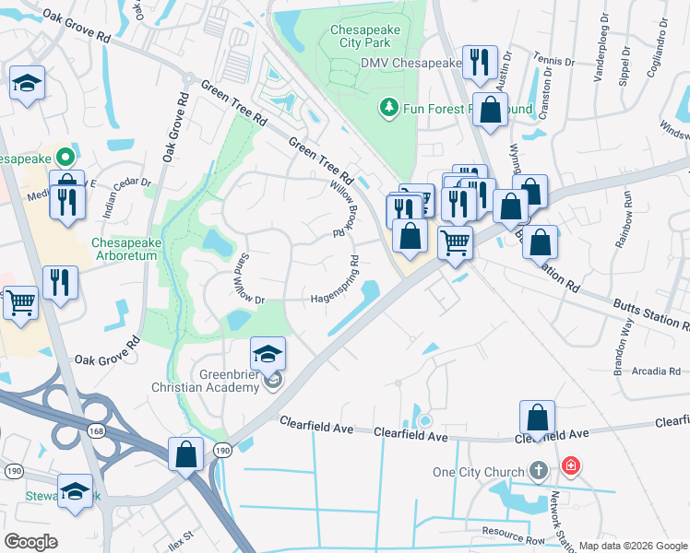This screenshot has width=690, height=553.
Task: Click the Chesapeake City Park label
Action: [365, 36]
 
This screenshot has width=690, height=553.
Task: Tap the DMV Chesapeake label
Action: [410, 63]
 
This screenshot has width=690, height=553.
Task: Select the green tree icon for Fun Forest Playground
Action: [389, 109]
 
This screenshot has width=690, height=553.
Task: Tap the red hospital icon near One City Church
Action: [571, 467]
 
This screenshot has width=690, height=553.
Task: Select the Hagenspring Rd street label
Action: [334, 298]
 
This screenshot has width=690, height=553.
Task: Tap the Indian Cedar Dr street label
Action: [126, 194]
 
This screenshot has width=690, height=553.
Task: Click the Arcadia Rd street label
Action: [659, 372]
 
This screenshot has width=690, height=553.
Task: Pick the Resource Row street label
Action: [513, 533]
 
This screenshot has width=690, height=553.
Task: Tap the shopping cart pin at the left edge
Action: [21, 302]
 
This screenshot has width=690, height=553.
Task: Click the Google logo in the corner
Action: [30, 541]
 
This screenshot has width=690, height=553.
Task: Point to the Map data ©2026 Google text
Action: [632, 546]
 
